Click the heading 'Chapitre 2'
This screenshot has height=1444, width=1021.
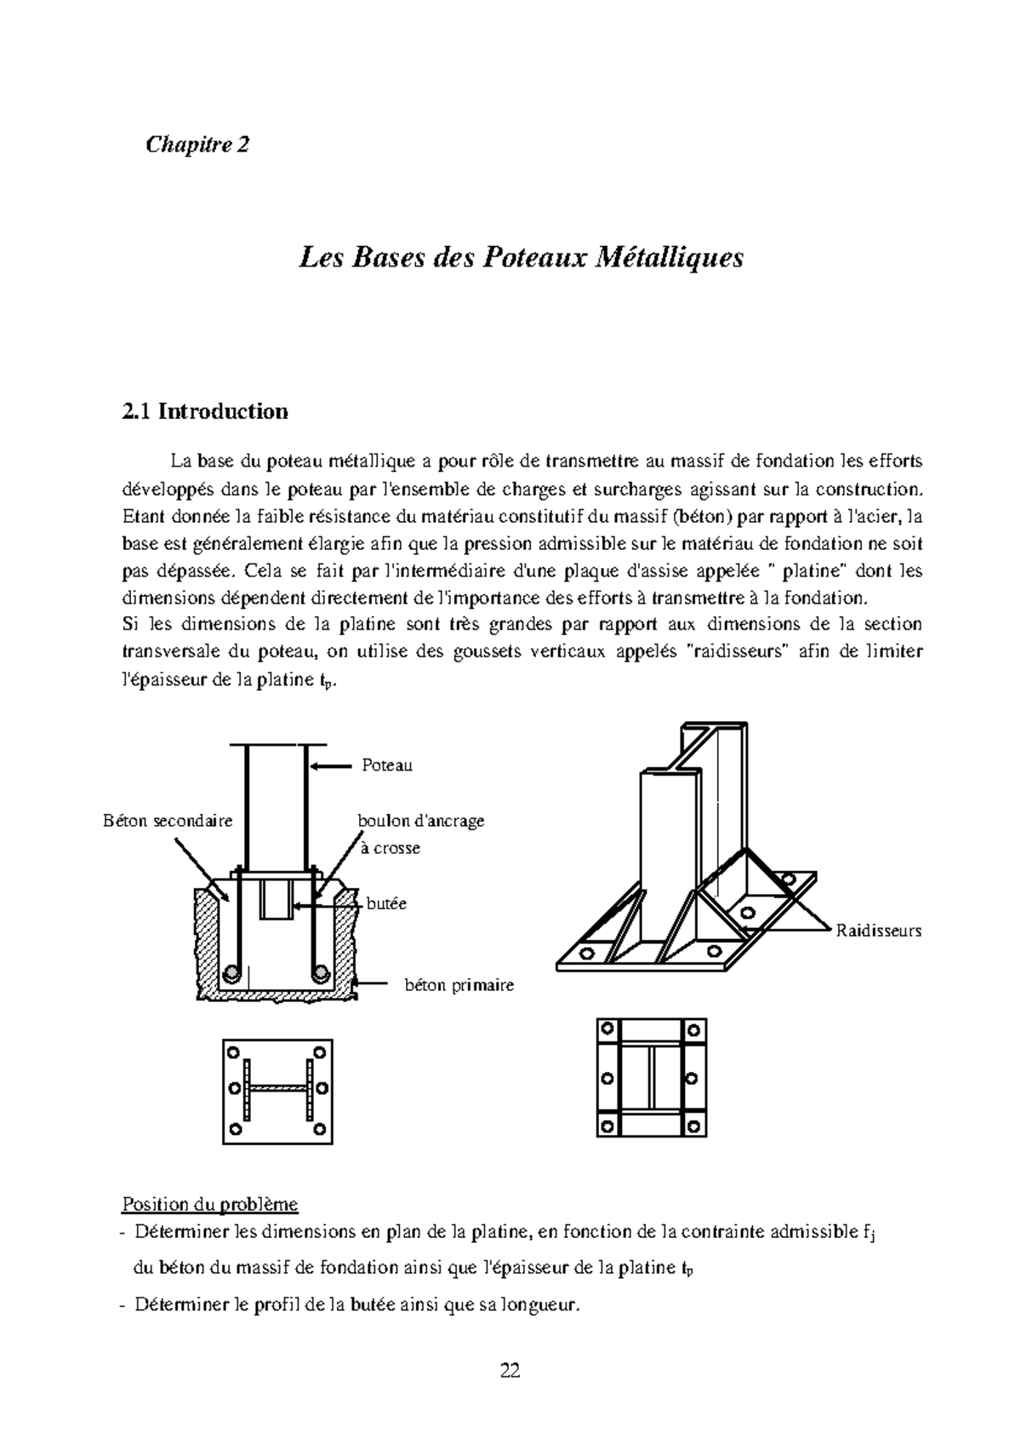197,145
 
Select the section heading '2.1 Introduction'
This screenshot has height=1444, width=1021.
205,412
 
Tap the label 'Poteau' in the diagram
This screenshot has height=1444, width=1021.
387,765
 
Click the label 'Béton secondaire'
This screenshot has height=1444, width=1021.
168,822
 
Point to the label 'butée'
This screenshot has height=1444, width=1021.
386,904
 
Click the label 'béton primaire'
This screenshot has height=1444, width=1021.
459,985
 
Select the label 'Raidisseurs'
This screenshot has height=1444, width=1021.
878,931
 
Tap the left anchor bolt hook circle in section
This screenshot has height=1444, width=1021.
231,973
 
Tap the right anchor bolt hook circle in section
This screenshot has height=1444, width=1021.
321,973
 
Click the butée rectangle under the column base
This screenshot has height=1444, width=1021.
276,901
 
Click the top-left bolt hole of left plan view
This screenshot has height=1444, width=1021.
234,1051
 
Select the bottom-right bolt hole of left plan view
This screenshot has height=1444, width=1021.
321,1130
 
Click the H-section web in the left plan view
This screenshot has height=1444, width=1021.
277,1089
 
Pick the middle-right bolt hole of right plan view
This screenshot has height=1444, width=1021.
693,1079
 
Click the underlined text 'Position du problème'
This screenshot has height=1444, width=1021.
210,1204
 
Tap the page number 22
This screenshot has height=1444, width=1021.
510,1370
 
